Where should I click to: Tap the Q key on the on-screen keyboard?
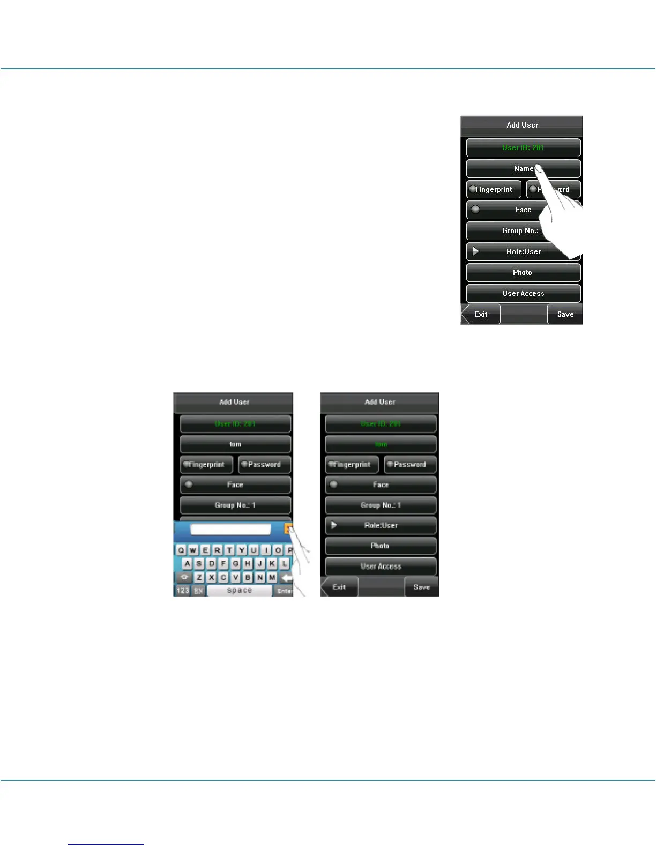coord(181,550)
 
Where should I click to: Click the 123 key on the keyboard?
coord(183,591)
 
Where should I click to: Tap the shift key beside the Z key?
coord(184,578)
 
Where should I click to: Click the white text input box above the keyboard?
coord(230,530)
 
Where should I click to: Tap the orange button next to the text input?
coord(288,529)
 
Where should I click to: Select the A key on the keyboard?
coord(187,564)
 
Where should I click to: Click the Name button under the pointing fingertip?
coord(523,168)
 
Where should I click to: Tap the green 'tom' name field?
coord(381,444)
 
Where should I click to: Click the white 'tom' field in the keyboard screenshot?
coord(235,444)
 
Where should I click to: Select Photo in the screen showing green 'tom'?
coord(381,546)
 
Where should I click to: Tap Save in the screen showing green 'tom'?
coord(421,587)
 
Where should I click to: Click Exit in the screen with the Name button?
coord(481,315)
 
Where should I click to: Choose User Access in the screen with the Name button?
coord(523,294)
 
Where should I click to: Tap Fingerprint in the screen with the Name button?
coord(494,189)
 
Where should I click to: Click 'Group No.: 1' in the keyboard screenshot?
coord(235,505)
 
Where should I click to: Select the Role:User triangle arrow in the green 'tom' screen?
coord(334,525)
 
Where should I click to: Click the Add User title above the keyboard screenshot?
coord(234,402)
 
